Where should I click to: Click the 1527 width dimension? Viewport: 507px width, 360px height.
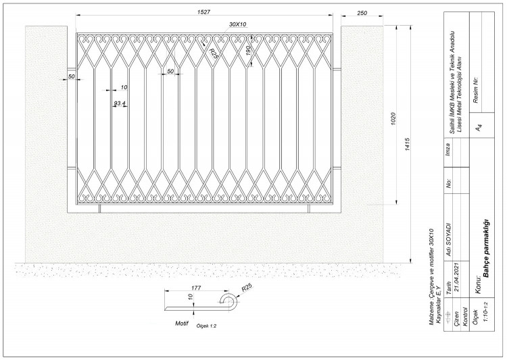pos(203,12)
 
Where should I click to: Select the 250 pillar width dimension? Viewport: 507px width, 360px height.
pos(362,13)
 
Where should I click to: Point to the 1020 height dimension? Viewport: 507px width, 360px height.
pos(393,119)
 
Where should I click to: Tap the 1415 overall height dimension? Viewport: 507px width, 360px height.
pos(407,145)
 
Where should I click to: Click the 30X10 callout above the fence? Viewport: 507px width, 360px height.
pos(238,24)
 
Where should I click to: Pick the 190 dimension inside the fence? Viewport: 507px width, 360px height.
pos(248,51)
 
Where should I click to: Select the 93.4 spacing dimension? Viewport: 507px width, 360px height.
pos(120,103)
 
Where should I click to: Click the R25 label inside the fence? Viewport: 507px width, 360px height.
pos(213,53)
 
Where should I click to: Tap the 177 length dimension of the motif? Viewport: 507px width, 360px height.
pos(196,288)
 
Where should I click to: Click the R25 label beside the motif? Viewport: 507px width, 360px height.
pos(246,287)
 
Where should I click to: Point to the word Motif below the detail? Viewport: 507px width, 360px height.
pos(182,323)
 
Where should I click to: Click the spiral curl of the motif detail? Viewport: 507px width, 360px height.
pos(230,302)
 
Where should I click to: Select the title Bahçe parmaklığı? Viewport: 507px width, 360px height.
pos(485,248)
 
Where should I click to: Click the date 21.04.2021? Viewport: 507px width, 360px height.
pos(457,278)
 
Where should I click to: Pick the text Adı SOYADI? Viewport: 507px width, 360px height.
pos(448,239)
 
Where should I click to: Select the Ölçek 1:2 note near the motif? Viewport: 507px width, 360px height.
pos(206,326)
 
